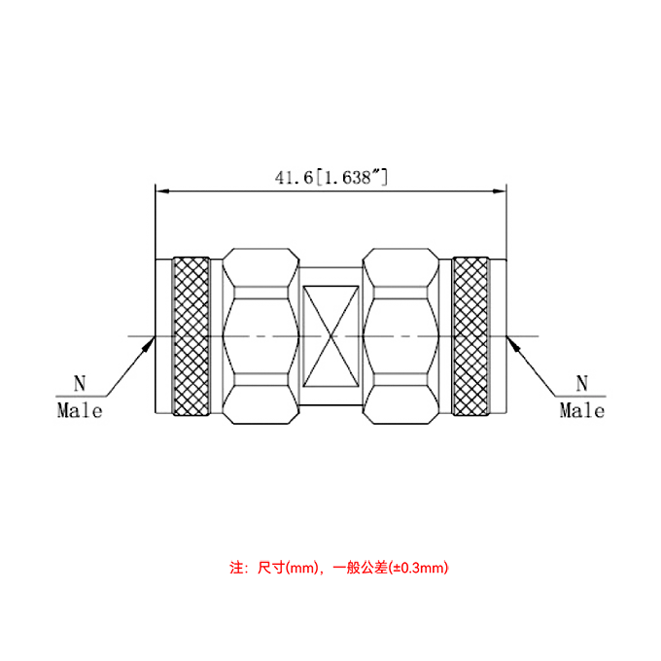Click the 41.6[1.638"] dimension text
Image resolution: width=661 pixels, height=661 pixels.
pos(331,178)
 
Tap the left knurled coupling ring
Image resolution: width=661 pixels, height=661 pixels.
pos(191,336)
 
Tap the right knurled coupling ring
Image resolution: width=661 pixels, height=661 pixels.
pos(471,336)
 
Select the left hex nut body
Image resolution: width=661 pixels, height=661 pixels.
pos(261,336)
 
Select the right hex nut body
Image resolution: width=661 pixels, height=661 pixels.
pos(400,336)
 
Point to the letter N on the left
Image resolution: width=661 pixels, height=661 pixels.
pos(80,383)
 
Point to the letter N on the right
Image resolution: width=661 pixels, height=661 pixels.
pos(582,383)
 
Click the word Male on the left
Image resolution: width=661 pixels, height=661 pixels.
pos(80,410)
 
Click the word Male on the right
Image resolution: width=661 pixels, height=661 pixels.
pos(582,410)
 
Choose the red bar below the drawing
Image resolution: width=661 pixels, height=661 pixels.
pos(338,568)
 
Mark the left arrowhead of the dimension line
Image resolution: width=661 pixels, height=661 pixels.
pos(161,190)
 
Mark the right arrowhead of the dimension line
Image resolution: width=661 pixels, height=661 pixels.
pos(502,190)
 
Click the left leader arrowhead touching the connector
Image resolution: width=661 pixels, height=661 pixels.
pos(151,341)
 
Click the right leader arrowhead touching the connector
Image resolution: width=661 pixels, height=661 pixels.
pos(512,341)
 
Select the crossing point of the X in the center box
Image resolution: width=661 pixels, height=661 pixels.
pos(330,336)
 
